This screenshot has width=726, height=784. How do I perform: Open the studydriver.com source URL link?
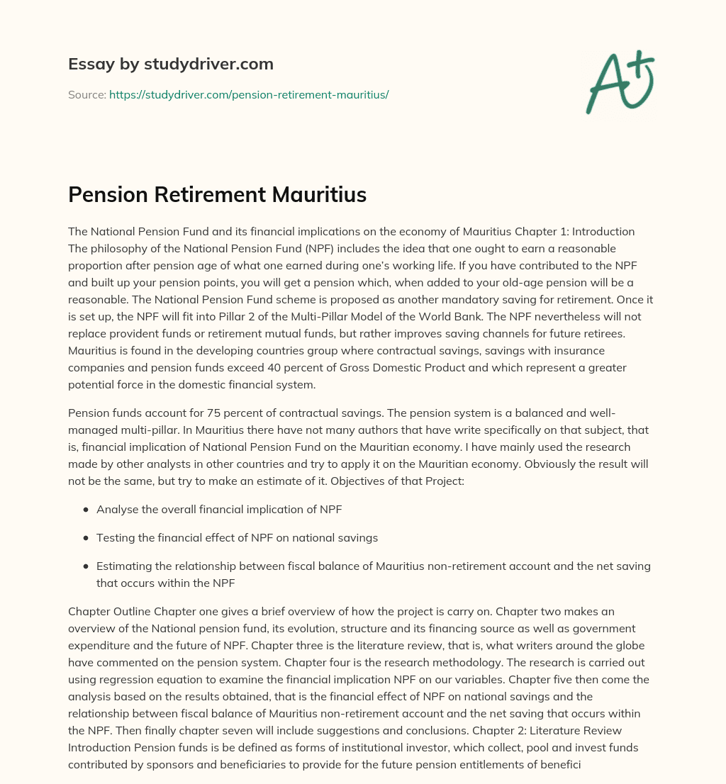tap(249, 94)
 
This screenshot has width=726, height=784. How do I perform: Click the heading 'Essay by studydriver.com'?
tap(171, 64)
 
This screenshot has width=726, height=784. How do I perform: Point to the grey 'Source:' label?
tap(87, 94)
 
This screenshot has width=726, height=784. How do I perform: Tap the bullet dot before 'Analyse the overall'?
tap(86, 510)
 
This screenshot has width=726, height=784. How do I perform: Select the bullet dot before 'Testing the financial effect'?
tap(86, 538)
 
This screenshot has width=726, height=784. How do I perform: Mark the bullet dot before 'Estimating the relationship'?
tap(86, 566)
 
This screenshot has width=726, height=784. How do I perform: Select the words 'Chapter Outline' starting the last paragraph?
tap(106, 612)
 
